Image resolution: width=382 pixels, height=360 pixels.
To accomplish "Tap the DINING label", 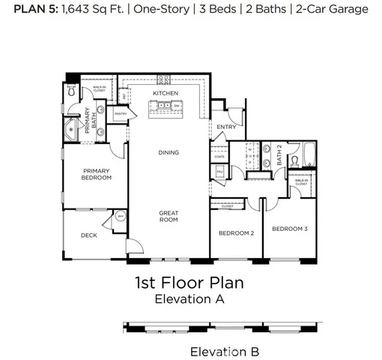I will coord(169,153).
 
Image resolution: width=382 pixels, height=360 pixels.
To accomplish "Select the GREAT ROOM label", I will coord(169,217).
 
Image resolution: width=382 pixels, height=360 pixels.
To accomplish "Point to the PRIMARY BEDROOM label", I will coord(97,174).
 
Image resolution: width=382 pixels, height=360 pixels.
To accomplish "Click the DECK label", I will coord(88,235).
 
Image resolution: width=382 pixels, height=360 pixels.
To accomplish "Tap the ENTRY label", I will coord(226,127).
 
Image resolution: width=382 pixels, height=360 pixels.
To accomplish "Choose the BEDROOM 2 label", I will coord(236,233).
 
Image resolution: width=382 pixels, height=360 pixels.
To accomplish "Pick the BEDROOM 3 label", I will coord(290,229).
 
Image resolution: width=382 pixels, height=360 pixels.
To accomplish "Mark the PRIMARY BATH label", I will coord(88,120).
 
